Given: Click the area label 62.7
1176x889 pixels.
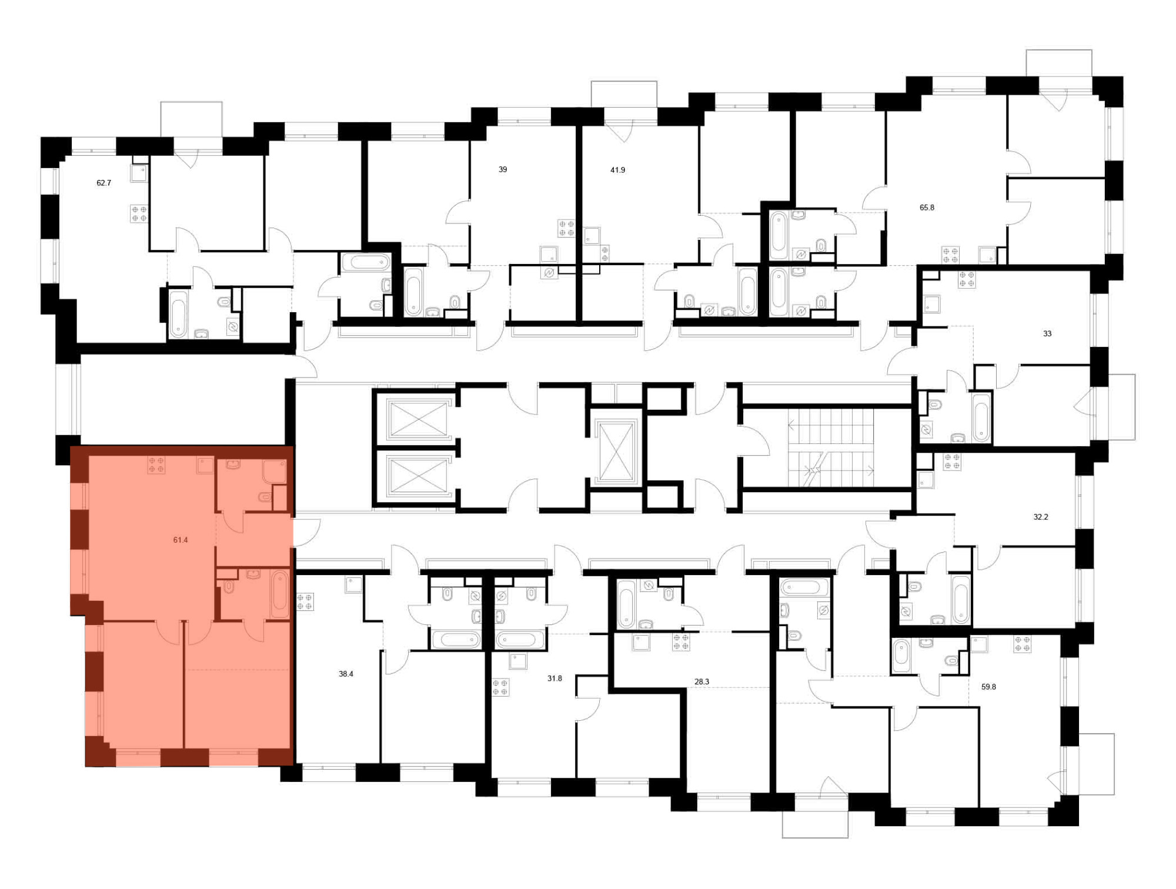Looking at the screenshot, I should pyautogui.click(x=103, y=183).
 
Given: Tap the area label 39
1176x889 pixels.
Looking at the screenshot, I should pyautogui.click(x=503, y=169).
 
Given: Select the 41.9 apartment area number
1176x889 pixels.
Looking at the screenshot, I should pyautogui.click(x=617, y=170).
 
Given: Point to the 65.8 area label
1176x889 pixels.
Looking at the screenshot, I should pyautogui.click(x=927, y=208).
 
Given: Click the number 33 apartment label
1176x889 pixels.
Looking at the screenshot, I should pyautogui.click(x=1047, y=333).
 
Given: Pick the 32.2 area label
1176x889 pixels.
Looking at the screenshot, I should pyautogui.click(x=1041, y=517).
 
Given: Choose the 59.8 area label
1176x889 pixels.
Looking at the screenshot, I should pyautogui.click(x=989, y=687).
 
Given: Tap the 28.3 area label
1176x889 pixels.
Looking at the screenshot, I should pyautogui.click(x=702, y=682).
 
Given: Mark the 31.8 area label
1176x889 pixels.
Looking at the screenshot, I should pyautogui.click(x=554, y=679).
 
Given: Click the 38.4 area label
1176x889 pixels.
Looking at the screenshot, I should pyautogui.click(x=346, y=674).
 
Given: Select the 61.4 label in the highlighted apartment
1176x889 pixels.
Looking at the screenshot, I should pyautogui.click(x=181, y=540).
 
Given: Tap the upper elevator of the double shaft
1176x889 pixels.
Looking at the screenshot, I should pyautogui.click(x=418, y=419).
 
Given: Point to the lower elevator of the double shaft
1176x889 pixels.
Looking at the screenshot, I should pyautogui.click(x=418, y=476).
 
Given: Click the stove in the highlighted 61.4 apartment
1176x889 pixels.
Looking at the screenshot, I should pyautogui.click(x=156, y=465).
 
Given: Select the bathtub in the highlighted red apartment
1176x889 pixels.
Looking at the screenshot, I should pyautogui.click(x=280, y=594).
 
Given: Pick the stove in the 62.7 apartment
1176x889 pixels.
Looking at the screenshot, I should pyautogui.click(x=139, y=213).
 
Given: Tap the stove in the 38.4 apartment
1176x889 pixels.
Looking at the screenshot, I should pyautogui.click(x=305, y=602).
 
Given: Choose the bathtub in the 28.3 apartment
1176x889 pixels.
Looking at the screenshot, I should pyautogui.click(x=626, y=604).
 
